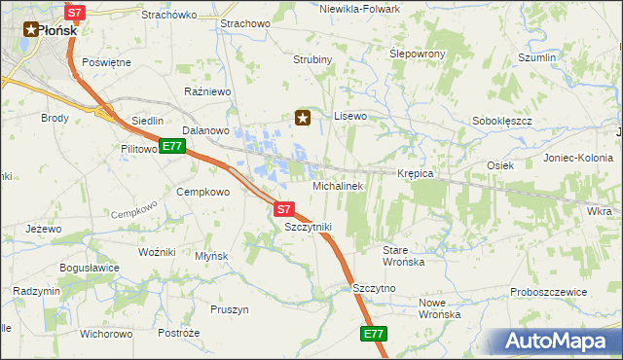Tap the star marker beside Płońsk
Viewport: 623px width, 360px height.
[x=29, y=30]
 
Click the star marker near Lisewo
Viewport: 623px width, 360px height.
[x=303, y=119]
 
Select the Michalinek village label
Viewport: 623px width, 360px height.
[x=337, y=185]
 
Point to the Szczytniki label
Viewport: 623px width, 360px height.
[x=308, y=227]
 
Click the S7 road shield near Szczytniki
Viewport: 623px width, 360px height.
[x=282, y=208]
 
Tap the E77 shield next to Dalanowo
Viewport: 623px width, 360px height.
[x=172, y=147]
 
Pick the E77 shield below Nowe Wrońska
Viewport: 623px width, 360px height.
[x=374, y=334]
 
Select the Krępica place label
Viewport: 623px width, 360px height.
[x=415, y=173]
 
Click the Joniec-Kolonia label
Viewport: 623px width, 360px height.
[x=578, y=158]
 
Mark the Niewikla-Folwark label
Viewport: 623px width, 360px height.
[x=359, y=9]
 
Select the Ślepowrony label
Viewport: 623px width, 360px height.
[x=417, y=54]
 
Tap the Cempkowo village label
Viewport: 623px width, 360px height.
[x=202, y=192]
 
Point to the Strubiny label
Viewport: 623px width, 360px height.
[x=313, y=59]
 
